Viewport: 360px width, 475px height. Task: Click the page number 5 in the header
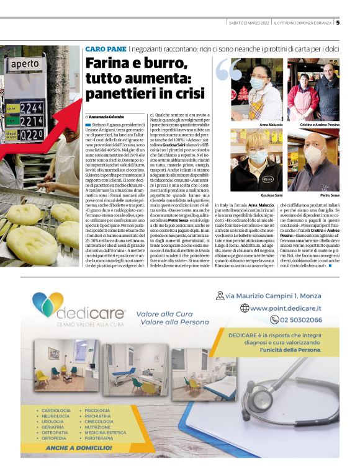[x=338, y=23]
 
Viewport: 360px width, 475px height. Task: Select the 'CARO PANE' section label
[x=106, y=48]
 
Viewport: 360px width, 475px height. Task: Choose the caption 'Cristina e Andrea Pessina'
[x=318, y=124]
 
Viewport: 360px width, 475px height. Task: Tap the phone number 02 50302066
[x=300, y=320]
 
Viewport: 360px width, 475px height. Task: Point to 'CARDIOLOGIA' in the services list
[x=56, y=410]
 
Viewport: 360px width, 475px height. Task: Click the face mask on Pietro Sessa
[x=314, y=156]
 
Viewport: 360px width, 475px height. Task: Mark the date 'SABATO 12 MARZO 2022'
[x=248, y=23]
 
